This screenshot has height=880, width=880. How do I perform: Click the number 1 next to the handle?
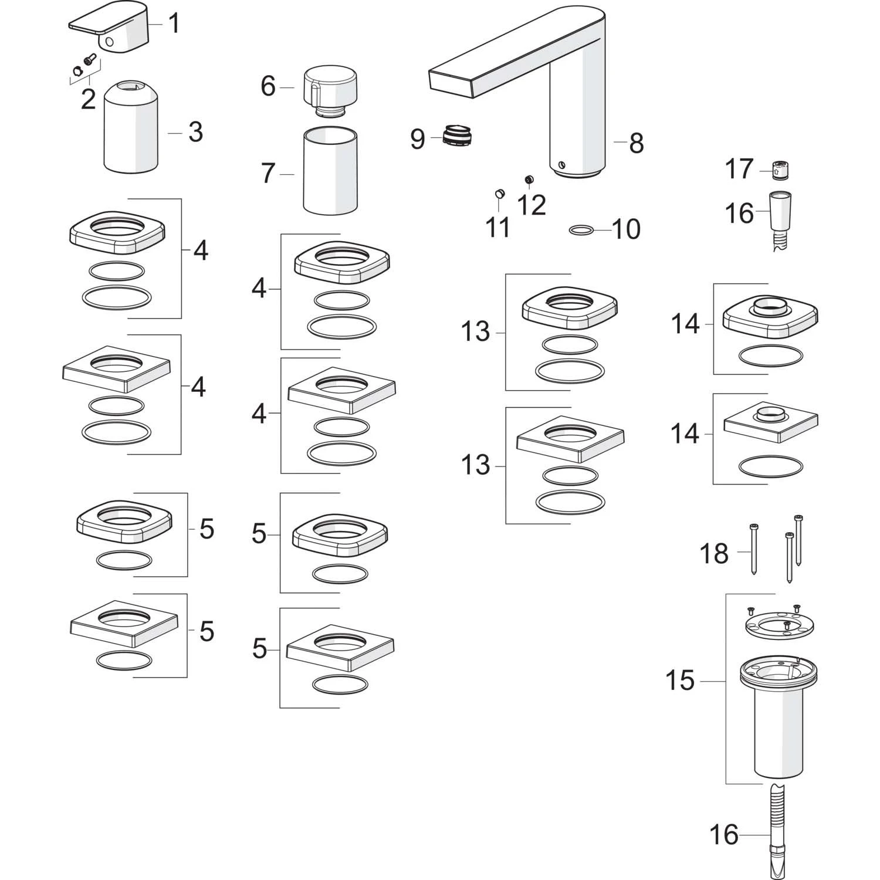[174, 24]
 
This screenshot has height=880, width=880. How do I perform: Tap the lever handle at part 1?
[111, 32]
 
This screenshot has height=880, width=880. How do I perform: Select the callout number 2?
[88, 99]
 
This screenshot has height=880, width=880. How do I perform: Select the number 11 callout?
[498, 227]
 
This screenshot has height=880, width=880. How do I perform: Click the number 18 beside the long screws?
[714, 553]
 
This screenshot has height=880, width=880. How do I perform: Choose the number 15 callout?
[680, 681]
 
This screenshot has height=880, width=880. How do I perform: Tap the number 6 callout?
[268, 86]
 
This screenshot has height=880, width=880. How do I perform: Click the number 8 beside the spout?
[637, 143]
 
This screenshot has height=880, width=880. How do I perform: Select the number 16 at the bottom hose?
[723, 834]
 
